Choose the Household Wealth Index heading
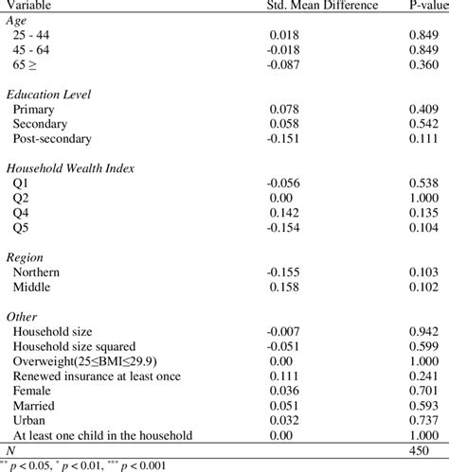point(71,167)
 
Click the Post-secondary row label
point(53,138)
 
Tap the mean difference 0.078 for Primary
point(284,109)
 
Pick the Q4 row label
point(21,212)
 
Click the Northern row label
point(37,271)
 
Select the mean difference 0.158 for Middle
point(284,287)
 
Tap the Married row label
point(35,405)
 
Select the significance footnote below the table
point(85,464)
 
